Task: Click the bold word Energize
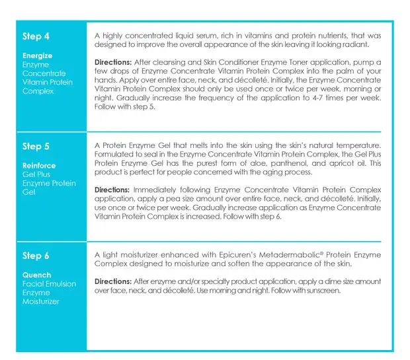click(x=37, y=56)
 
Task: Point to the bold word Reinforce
click(x=39, y=166)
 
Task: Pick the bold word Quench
click(x=36, y=275)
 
